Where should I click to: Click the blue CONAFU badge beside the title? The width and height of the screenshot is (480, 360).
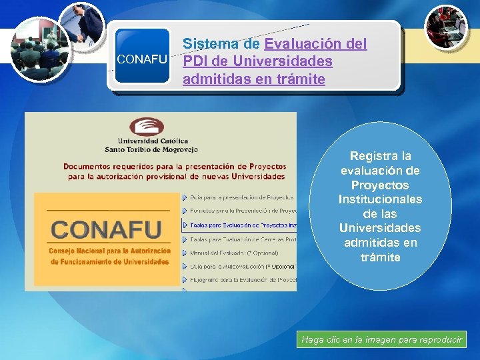141,58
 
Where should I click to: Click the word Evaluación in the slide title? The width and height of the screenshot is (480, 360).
305,44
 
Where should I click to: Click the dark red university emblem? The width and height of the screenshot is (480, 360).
147,127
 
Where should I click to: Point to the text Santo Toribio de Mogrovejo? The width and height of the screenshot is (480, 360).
147,149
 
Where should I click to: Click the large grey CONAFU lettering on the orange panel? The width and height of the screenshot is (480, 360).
107,229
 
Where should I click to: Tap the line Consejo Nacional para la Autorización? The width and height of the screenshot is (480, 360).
109,251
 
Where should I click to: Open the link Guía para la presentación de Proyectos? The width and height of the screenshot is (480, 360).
241,197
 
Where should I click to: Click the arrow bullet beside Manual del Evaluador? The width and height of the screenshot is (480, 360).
185,252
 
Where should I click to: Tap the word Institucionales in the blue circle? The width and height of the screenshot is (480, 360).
381,199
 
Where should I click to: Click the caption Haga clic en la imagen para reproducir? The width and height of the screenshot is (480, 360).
381,340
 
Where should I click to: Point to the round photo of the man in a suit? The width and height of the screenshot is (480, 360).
81,27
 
